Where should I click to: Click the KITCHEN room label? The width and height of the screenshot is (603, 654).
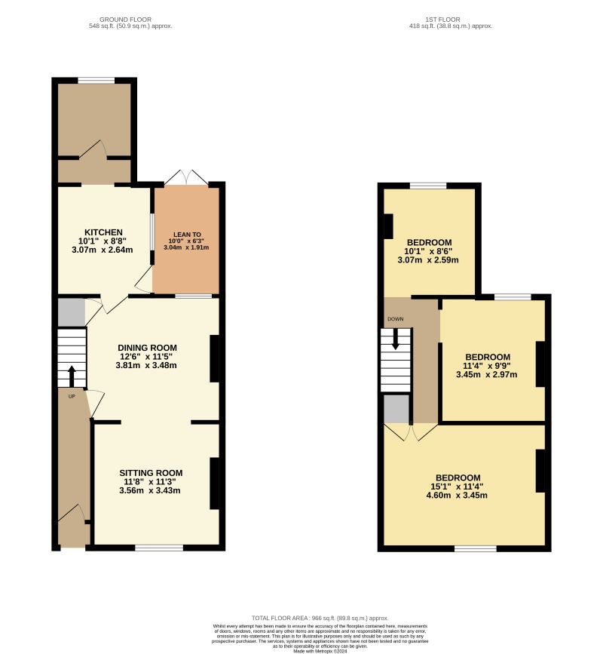(x=103, y=232)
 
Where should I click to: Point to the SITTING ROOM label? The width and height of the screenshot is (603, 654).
(x=153, y=473)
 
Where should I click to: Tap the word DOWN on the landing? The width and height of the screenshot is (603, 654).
(x=395, y=319)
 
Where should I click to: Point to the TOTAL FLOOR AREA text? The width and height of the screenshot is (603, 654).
(x=320, y=618)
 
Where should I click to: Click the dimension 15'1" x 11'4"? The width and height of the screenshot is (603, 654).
(x=458, y=487)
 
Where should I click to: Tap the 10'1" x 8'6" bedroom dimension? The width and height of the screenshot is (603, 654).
(x=428, y=251)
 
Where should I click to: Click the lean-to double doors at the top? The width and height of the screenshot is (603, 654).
(x=186, y=178)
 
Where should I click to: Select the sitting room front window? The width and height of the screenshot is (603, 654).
(x=159, y=547)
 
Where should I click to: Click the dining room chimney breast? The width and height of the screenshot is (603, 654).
(x=215, y=358)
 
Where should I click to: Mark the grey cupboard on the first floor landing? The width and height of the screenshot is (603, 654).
(x=396, y=408)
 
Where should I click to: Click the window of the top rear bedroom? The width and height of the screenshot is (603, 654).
(x=428, y=186)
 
